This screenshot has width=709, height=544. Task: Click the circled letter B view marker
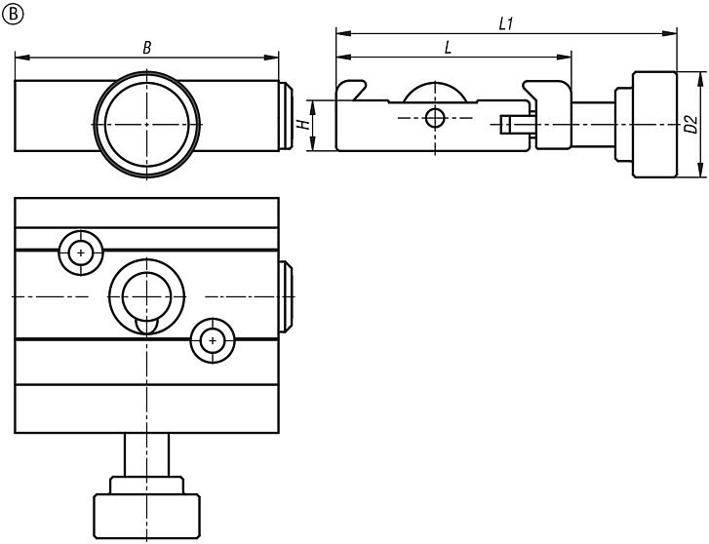12,13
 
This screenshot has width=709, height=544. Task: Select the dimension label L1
505,23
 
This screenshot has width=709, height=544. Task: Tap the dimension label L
448,47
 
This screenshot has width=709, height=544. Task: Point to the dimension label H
303,125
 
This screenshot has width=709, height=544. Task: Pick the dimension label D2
690,125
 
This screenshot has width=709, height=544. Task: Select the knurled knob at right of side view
653,125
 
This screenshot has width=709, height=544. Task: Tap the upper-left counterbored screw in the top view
80,253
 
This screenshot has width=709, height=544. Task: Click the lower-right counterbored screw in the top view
212,340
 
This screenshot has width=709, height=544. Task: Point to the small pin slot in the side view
515,124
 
